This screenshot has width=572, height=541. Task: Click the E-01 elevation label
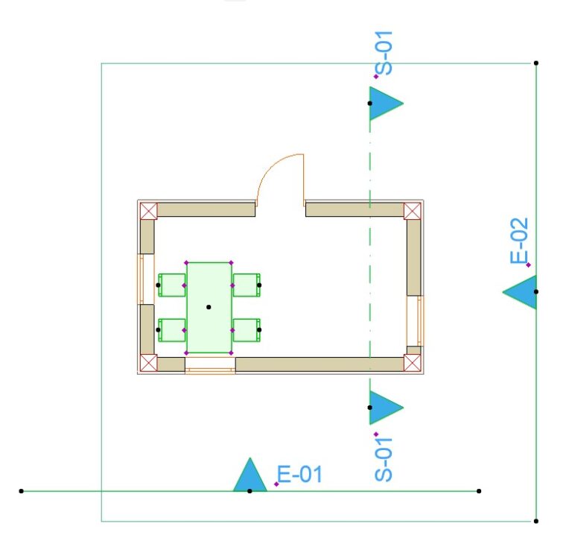pos(299,474)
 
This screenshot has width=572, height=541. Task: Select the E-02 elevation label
pos(518,241)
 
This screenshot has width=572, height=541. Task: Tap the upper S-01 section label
pos(384,53)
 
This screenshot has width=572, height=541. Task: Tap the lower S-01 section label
pos(384,459)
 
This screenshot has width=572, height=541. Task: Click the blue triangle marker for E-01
pos(250,475)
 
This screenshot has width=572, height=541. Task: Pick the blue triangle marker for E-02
pos(519,292)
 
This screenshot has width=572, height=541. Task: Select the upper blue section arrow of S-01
pos(387,104)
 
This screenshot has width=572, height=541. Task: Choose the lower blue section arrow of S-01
pos(387,408)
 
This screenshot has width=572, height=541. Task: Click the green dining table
pos(209,307)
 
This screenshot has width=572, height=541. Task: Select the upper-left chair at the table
pos(172,285)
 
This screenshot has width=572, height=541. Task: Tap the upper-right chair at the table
pos(247,285)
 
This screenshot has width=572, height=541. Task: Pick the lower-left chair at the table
pos(172,330)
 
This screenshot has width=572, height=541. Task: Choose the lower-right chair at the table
pos(247,330)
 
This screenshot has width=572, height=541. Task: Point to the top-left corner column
pos(148,211)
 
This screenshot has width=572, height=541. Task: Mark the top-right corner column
pos(412,211)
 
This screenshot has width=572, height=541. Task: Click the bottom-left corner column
pos(148,363)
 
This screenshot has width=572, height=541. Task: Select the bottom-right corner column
pos(412,363)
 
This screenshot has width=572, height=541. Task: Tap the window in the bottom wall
pos(210,365)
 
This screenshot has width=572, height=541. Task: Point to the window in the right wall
pos(416,321)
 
